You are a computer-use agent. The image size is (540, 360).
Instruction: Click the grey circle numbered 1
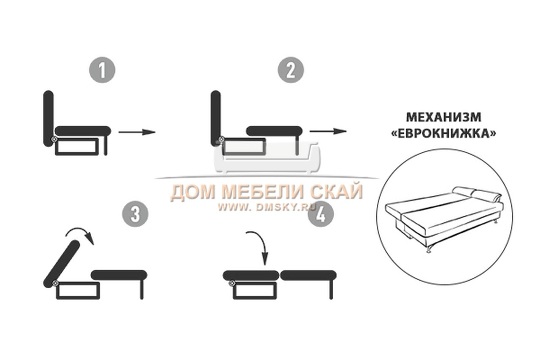click(102, 70)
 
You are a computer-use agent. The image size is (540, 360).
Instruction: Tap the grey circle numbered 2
click(291, 70)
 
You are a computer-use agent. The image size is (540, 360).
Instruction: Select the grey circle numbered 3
click(135, 214)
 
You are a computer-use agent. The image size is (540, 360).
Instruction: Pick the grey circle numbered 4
click(321, 214)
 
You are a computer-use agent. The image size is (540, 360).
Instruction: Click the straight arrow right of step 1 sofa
click(137, 132)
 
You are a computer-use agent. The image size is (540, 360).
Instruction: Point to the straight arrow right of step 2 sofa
click(328, 131)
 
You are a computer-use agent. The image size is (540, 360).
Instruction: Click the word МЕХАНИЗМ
click(443, 117)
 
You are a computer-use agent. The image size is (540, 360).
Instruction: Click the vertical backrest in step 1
click(49, 119)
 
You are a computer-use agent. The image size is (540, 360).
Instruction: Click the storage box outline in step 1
click(77, 146)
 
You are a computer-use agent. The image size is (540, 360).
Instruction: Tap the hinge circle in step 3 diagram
click(56, 283)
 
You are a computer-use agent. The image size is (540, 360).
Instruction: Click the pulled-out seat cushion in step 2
click(274, 131)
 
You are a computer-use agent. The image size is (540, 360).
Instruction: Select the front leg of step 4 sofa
click(331, 290)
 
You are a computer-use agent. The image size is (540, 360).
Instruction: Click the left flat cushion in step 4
click(251, 275)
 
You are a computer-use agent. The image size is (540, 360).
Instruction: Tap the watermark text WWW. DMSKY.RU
click(266, 207)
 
